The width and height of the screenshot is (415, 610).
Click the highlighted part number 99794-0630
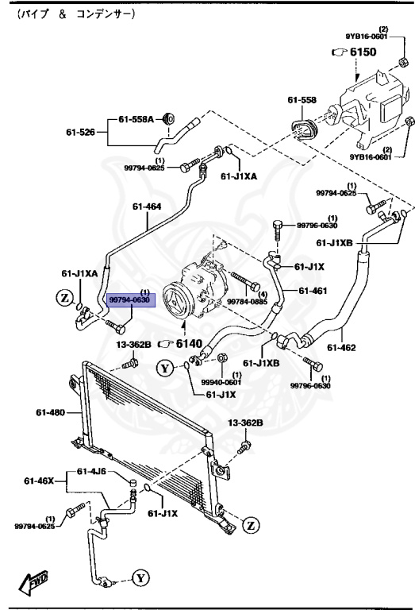coord(128,299)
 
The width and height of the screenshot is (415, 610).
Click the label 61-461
coord(313,290)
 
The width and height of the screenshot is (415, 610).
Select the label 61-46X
coord(38,481)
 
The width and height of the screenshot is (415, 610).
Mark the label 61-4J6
coord(92,472)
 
